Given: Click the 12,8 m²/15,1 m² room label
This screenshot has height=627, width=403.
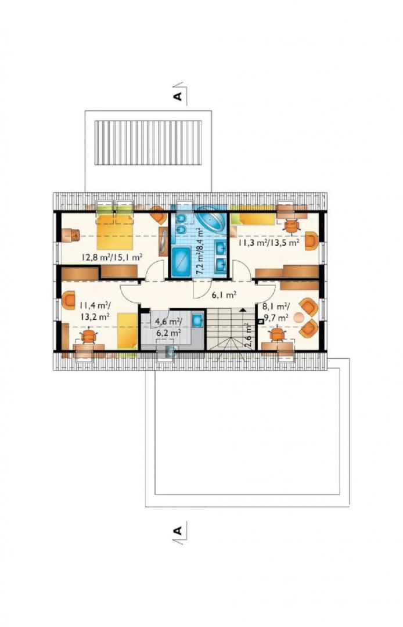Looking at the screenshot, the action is [x=112, y=258].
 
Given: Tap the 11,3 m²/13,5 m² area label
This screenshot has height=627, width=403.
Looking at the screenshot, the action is [x=269, y=243].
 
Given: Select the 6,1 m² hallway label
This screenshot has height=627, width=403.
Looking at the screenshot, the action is [x=224, y=296].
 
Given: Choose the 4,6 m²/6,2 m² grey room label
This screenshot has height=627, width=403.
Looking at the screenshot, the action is [x=168, y=326].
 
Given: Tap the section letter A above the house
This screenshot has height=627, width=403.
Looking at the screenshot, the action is [x=178, y=96].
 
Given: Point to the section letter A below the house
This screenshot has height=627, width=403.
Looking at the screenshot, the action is [x=178, y=531].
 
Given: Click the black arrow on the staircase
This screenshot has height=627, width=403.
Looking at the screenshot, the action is [x=243, y=309].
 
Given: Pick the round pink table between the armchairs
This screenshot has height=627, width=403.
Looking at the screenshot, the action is [x=299, y=318].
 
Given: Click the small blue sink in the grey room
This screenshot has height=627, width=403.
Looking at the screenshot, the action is [x=197, y=320].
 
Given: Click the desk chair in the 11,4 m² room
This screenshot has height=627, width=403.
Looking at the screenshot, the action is [x=88, y=336].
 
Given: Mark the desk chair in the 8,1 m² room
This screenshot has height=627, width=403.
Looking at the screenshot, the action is [x=277, y=334].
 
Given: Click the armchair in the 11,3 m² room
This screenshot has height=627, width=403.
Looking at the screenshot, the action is [x=311, y=241].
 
